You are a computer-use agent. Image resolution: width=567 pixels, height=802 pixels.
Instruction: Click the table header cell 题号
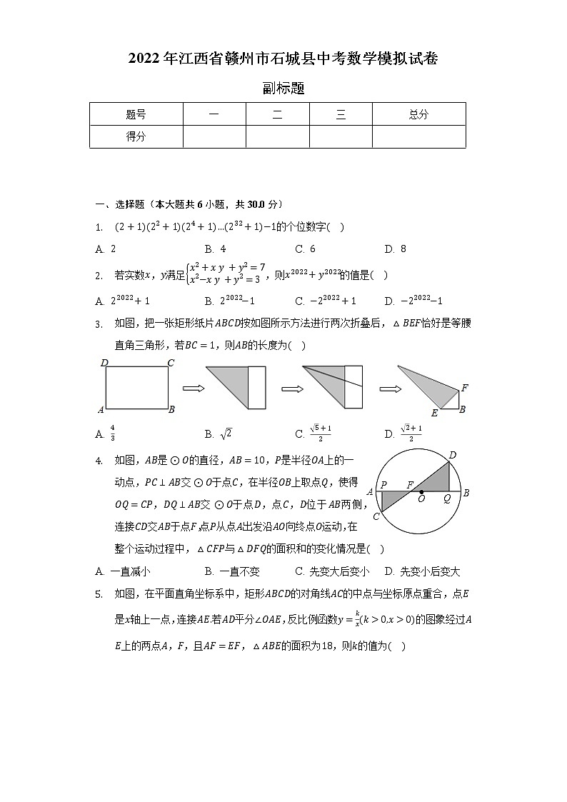tap(136, 114)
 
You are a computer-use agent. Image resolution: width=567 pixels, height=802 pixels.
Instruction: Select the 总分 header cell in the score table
tap(418, 114)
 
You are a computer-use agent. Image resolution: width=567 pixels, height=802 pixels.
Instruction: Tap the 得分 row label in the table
tap(136, 136)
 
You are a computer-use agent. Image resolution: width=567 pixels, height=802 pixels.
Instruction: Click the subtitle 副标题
tap(283, 89)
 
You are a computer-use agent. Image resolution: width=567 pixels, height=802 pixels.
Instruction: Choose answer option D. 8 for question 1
tap(395, 249)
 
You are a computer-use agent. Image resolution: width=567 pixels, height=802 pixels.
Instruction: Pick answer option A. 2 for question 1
tap(105, 249)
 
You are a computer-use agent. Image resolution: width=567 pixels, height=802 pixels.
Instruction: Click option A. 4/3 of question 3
tap(105, 433)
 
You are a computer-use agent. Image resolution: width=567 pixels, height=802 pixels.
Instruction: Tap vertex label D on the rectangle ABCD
tap(104, 364)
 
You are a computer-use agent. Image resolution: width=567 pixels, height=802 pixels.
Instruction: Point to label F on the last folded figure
tap(464, 388)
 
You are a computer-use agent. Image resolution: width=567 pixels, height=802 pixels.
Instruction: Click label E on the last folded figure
tap(434, 413)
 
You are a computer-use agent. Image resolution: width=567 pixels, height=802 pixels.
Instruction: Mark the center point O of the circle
tap(421, 492)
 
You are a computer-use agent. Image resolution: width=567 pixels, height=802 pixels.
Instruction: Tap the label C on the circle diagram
tap(376, 516)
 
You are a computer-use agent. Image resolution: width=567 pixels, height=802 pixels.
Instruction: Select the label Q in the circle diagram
tap(447, 499)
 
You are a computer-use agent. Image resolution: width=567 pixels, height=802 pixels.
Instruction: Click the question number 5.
tap(99, 593)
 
